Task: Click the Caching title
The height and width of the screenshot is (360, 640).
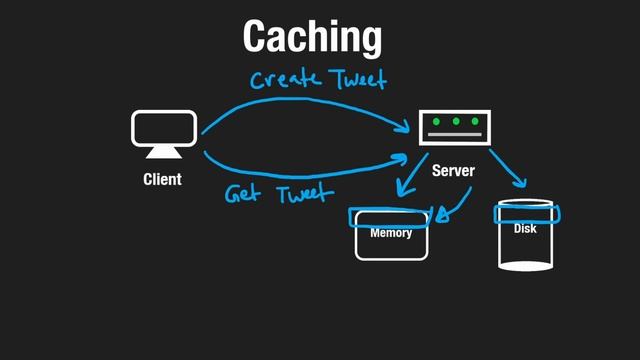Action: tap(312, 37)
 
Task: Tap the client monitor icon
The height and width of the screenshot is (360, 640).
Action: tap(163, 128)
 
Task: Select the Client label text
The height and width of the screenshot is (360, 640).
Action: tap(162, 180)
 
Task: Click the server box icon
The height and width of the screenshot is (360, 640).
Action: tap(455, 127)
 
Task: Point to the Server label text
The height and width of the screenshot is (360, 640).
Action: tap(453, 171)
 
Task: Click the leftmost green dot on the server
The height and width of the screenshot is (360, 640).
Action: tap(437, 122)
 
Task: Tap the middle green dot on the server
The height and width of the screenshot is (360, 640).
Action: tap(456, 122)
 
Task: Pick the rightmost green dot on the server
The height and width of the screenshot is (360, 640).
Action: tap(475, 122)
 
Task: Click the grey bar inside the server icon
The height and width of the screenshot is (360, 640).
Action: tap(455, 135)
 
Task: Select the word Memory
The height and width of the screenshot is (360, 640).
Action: tap(391, 233)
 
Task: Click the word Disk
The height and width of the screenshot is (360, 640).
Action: tap(525, 229)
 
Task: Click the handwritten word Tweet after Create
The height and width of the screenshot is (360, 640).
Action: tap(356, 79)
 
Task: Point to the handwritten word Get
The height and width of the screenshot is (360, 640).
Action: tap(243, 193)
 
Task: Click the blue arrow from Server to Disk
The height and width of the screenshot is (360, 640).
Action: tap(508, 169)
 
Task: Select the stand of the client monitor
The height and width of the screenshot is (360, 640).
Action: tap(163, 153)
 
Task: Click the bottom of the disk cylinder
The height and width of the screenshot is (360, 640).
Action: tap(526, 266)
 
